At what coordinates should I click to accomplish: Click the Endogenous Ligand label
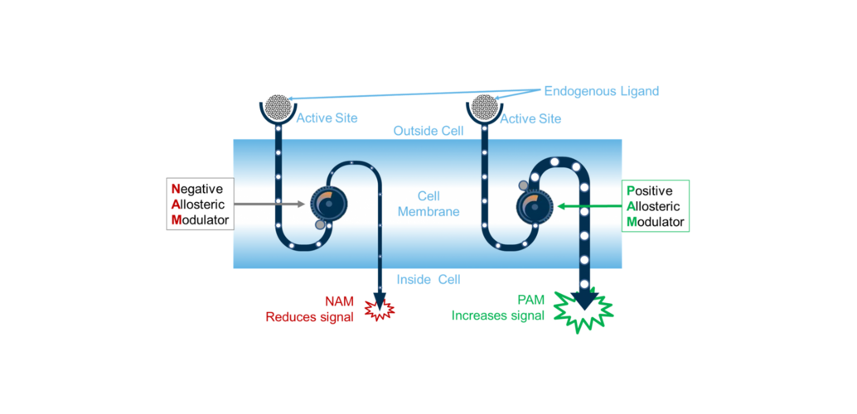pos(601,91)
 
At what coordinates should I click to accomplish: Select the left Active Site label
pos(327,118)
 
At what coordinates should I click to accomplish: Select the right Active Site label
pos(530,119)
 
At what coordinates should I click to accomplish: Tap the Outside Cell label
pos(428,132)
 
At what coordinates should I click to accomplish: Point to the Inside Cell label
pos(428,279)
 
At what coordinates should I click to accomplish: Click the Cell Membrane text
pos(428,204)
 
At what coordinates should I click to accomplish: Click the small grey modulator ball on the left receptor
pos(320,224)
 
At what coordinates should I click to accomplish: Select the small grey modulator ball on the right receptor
pos(524,185)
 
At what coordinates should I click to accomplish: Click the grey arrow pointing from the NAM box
pos(269,203)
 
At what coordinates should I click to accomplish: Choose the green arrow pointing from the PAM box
pos(589,205)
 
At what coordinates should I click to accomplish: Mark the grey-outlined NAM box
pos(200,204)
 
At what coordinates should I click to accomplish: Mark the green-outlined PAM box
pos(656,205)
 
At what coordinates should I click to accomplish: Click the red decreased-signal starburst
pos(380,310)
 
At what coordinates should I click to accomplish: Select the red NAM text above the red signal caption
pos(339,301)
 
